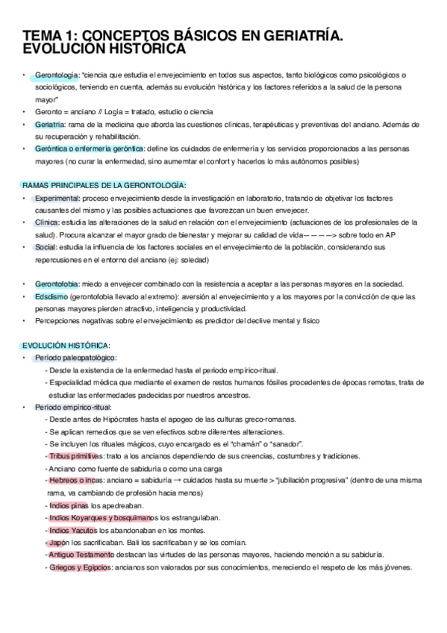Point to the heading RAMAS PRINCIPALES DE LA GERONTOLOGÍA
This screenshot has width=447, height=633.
(104, 184)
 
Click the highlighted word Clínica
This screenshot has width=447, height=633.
(46, 222)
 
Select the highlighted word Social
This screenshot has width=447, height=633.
(45, 246)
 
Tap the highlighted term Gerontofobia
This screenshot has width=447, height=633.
(58, 284)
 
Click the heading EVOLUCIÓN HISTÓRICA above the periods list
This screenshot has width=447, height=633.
(65, 345)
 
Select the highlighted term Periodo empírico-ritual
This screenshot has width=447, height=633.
(72, 407)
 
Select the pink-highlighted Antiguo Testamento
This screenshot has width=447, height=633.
(81, 555)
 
